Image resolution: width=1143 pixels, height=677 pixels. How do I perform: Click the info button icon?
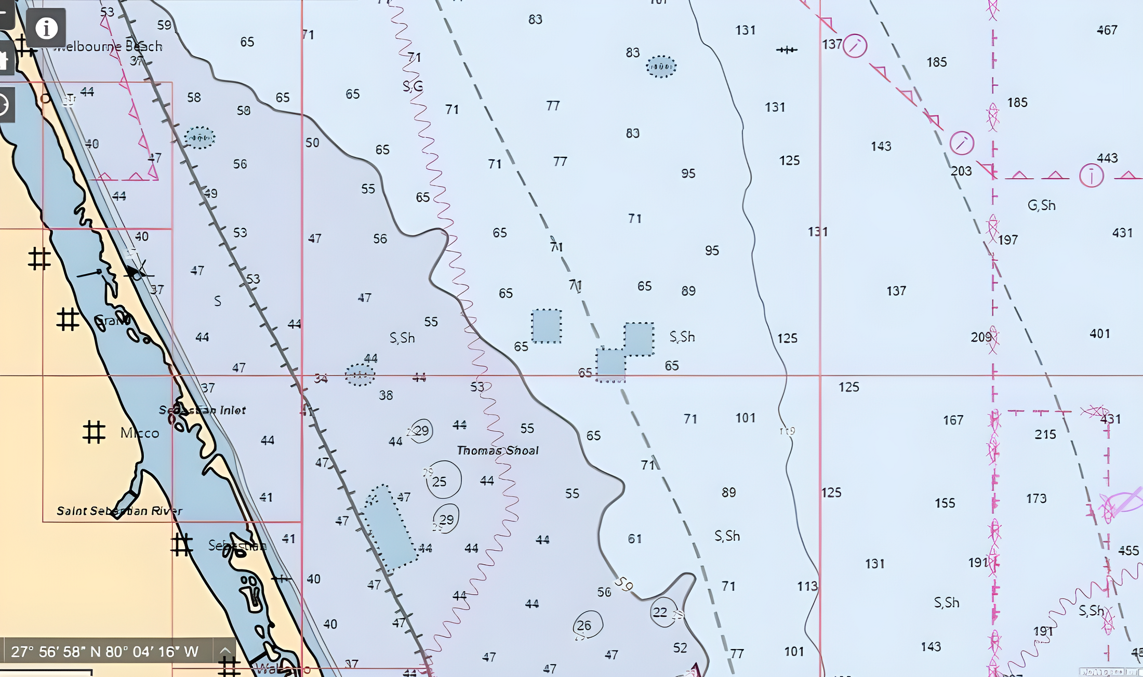tap(46, 28)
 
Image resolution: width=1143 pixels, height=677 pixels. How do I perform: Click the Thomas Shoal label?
tap(497, 450)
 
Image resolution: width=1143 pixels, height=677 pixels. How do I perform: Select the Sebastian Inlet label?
tap(202, 410)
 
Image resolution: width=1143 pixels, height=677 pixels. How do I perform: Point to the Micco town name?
tap(139, 433)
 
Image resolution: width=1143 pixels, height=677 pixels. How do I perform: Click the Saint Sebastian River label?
tap(119, 511)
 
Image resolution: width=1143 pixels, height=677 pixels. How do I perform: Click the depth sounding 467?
tap(1107, 30)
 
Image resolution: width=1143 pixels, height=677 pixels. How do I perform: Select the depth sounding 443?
tap(1107, 158)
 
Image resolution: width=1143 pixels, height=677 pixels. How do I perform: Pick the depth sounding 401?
tap(1099, 334)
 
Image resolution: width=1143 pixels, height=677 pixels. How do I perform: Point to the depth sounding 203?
tap(961, 171)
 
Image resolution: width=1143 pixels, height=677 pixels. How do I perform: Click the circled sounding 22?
tap(660, 612)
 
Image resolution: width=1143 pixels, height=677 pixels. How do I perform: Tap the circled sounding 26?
tap(584, 626)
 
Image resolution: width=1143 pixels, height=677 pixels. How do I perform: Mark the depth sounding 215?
tap(1045, 434)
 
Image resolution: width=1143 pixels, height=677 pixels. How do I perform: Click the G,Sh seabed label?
tap(1041, 206)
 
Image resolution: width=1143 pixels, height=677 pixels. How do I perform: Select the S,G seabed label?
tap(413, 86)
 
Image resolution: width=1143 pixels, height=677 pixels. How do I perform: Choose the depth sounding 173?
tap(1036, 499)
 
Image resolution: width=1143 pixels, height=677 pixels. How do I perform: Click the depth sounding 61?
tap(634, 539)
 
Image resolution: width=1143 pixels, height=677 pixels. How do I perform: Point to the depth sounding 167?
tap(953, 420)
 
